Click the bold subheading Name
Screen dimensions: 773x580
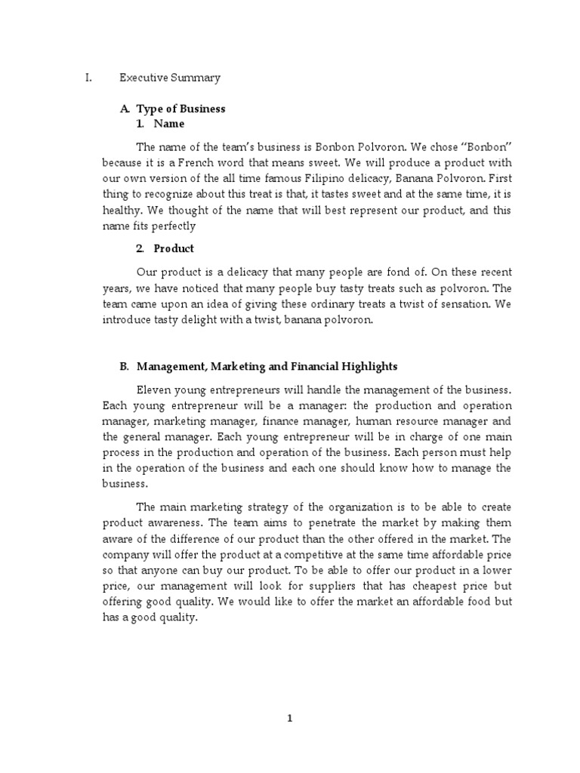[168, 123]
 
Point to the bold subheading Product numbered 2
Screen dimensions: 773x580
[174, 248]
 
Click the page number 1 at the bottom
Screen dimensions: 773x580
[289, 719]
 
